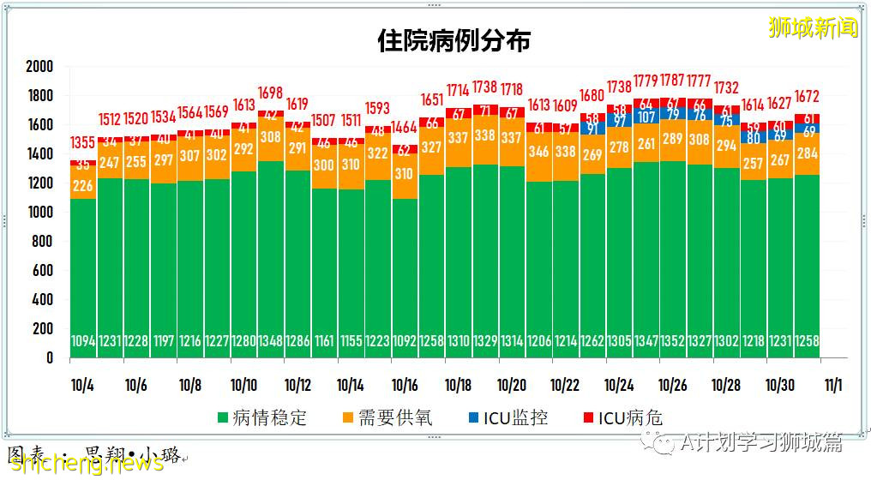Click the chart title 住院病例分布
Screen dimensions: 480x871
(x=454, y=40)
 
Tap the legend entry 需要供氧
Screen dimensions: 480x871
(x=387, y=418)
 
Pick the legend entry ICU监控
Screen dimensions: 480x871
(x=507, y=418)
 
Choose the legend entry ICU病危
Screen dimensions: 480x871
(x=622, y=418)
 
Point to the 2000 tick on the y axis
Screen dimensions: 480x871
(x=39, y=67)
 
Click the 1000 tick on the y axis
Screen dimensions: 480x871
(x=39, y=213)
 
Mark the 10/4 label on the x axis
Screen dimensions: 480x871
(x=82, y=385)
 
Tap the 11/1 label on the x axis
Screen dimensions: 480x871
(x=832, y=385)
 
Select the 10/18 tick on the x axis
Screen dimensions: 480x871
(x=458, y=385)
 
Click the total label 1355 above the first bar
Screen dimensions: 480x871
(x=83, y=142)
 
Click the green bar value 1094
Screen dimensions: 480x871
(x=83, y=341)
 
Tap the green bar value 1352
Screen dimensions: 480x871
(x=671, y=341)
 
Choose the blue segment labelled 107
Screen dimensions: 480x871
(x=645, y=117)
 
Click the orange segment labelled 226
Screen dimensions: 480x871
(x=83, y=185)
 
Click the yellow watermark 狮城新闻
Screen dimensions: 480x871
(x=813, y=27)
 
